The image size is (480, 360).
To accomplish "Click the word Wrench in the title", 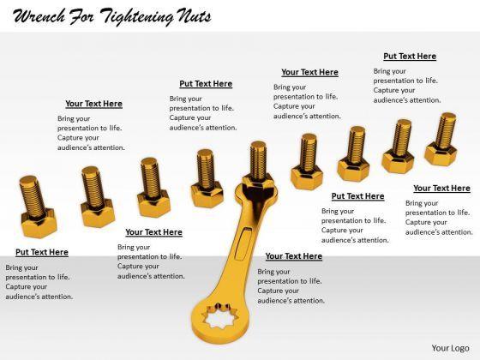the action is (39, 16).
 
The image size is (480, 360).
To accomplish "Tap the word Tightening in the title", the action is (136, 17).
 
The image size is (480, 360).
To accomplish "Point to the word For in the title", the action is (81, 16).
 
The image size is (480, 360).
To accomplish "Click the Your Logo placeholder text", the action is (450, 348).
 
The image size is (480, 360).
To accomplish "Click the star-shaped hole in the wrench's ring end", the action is (220, 315).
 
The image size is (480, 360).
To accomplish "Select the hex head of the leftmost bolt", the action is (39, 223).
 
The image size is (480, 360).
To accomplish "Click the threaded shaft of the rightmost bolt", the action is (446, 129).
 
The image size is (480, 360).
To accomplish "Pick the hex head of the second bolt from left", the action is (98, 213).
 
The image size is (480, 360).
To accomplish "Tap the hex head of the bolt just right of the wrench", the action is (307, 177).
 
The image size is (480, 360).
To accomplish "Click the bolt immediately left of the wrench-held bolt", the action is (207, 178).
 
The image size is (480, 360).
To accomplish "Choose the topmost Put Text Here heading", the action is (410, 57).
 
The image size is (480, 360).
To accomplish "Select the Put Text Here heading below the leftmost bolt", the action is (42, 252).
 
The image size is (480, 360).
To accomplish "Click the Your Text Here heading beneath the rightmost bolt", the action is (441, 189).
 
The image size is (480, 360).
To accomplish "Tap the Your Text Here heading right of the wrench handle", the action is (293, 256).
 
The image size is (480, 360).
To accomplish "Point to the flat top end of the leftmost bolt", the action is (28, 180).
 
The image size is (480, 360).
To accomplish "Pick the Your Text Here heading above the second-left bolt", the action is (93, 104).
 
